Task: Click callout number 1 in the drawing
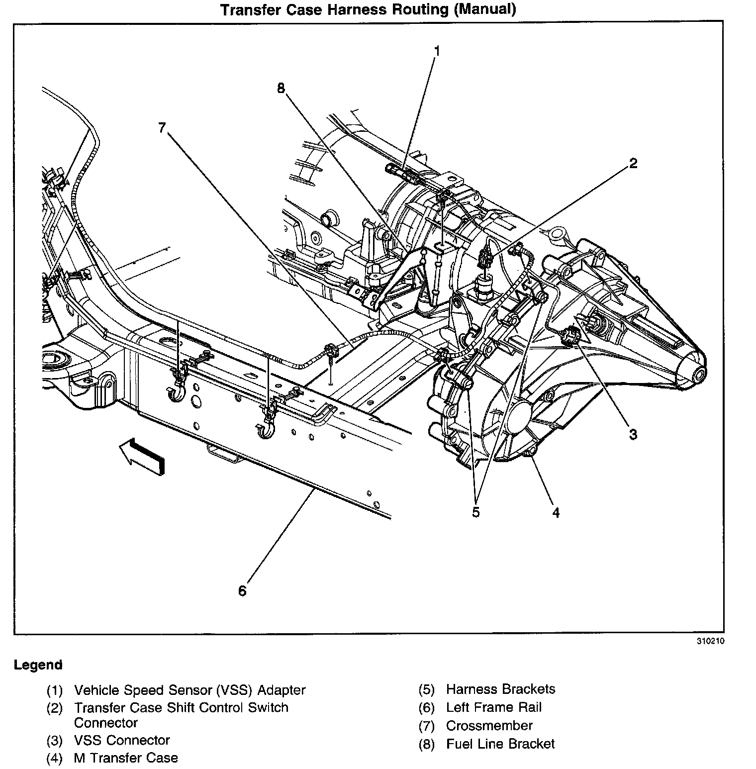[x=437, y=51]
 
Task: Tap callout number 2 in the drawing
[x=633, y=163]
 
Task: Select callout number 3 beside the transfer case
[x=633, y=434]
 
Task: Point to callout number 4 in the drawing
[x=556, y=512]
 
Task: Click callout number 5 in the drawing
[x=476, y=512]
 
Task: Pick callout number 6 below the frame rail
[x=242, y=591]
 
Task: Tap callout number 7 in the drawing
[x=162, y=128]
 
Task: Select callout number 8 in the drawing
[x=281, y=88]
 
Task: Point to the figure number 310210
[x=710, y=641]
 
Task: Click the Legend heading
[x=38, y=665]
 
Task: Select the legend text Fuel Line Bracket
[x=500, y=744]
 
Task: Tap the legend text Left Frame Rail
[x=494, y=707]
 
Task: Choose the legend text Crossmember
[x=489, y=726]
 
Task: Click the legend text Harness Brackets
[x=501, y=689]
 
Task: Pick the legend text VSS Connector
[x=122, y=740]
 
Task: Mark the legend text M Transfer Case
[x=126, y=758]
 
